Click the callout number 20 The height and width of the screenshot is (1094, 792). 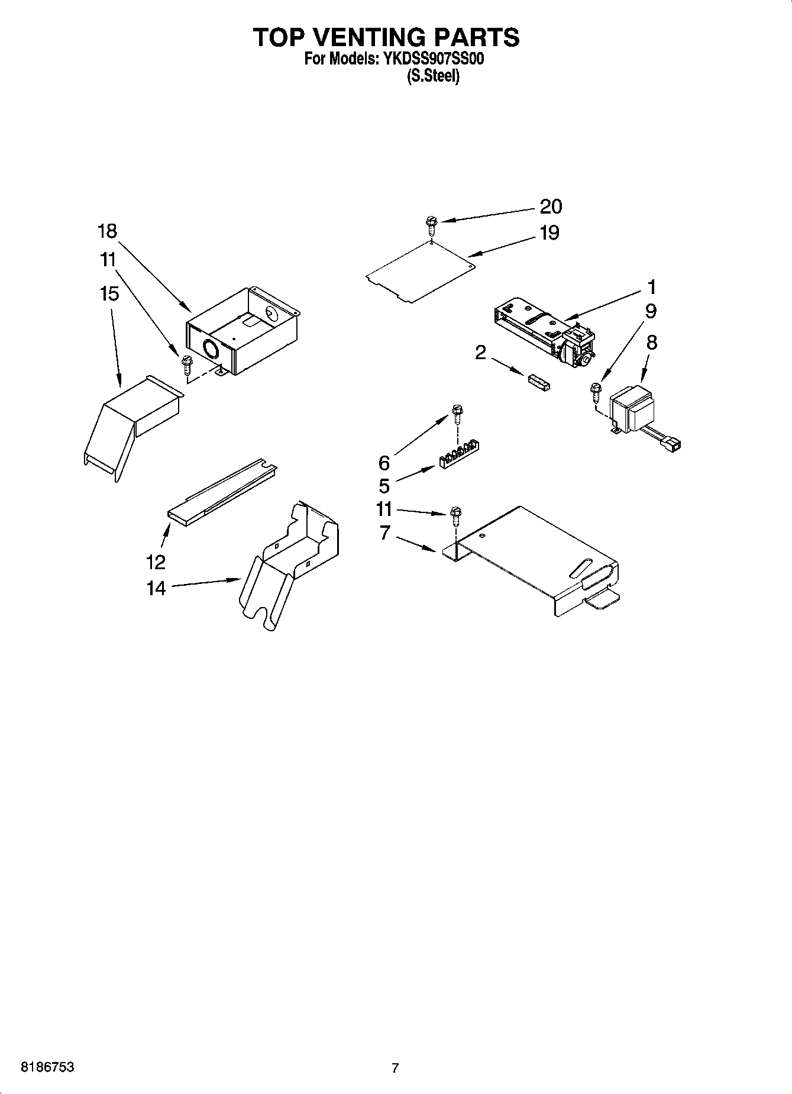click(551, 206)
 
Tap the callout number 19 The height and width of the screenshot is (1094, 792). click(549, 233)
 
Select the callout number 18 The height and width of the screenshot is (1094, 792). click(108, 231)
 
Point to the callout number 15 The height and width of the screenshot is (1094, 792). click(109, 293)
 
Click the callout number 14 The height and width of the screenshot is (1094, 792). click(156, 588)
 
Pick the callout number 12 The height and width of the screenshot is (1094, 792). click(156, 561)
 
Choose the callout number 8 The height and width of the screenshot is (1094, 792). click(651, 343)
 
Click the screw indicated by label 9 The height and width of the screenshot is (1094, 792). click(594, 391)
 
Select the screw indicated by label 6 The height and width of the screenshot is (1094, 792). click(456, 411)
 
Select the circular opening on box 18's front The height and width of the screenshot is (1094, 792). click(210, 350)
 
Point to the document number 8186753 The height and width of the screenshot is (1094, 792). click(47, 1067)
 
